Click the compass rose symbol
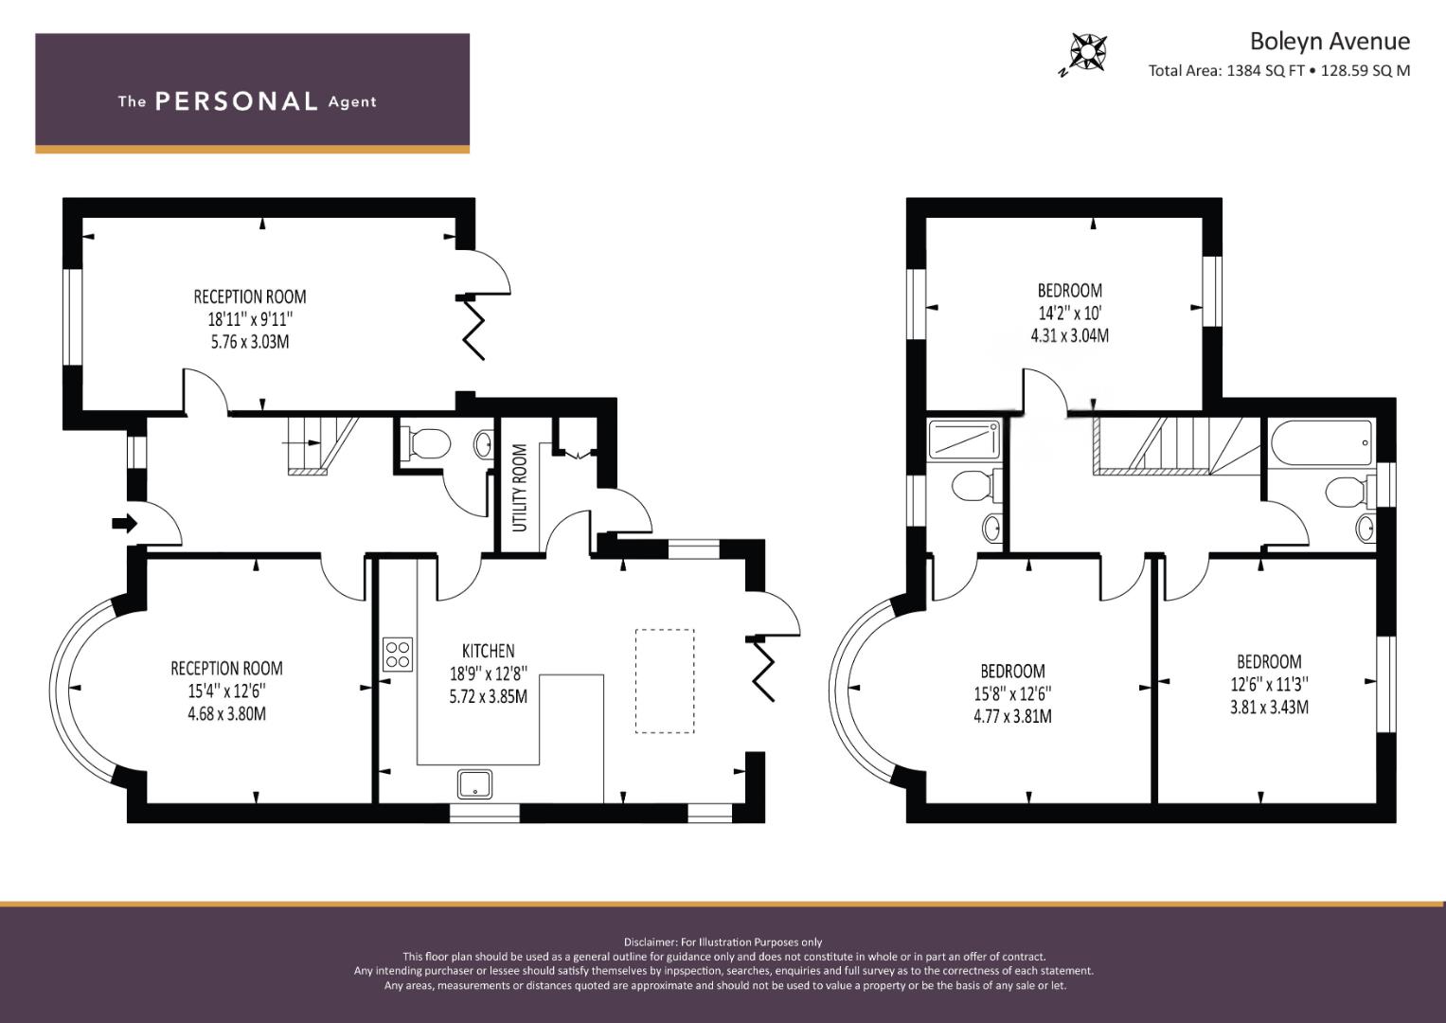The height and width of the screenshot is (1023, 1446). (x=1088, y=52)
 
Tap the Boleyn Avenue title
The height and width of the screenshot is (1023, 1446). (x=1330, y=42)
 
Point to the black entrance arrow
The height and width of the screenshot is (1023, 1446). (x=125, y=523)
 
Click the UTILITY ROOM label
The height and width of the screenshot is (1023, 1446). (x=520, y=488)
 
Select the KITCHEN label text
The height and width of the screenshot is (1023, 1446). (x=488, y=651)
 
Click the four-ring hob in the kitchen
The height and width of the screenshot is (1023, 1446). (x=398, y=655)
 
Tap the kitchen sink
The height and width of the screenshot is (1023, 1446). (x=475, y=784)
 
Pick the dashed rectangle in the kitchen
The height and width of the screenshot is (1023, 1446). (x=665, y=681)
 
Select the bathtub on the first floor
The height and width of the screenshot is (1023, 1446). (x=1321, y=442)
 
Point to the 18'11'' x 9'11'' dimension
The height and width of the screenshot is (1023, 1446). (x=250, y=319)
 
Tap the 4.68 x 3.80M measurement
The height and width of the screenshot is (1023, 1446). (x=226, y=713)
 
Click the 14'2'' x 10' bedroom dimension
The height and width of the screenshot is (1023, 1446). (x=1070, y=314)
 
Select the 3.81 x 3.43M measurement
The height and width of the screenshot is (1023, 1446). (x=1269, y=707)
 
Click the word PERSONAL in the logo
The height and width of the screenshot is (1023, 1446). (x=237, y=101)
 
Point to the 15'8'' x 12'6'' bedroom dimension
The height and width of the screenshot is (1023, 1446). (x=1012, y=693)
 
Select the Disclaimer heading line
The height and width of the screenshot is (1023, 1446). (x=723, y=942)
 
